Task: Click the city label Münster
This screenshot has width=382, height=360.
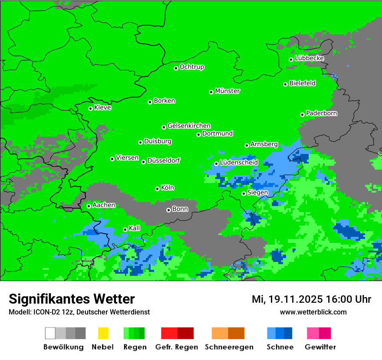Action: [227, 91]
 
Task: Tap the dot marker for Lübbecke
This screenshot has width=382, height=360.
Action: [291, 59]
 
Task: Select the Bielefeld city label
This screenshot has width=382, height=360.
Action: [303, 83]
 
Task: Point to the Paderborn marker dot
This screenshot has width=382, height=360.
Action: [303, 115]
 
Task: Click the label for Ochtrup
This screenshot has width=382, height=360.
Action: [192, 67]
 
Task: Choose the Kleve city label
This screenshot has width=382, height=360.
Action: [102, 108]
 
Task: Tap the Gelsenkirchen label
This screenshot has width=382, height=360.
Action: [189, 126]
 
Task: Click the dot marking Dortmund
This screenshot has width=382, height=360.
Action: [199, 134]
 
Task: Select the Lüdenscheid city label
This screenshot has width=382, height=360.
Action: [239, 163]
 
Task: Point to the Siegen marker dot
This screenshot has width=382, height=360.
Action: [244, 193]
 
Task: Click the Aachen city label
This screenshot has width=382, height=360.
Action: [104, 205]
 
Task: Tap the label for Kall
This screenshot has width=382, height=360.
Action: [135, 228]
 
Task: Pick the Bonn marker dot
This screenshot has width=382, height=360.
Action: [169, 210]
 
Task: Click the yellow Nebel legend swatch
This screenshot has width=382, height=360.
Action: [103, 333]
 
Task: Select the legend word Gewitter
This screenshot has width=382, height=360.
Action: [320, 347]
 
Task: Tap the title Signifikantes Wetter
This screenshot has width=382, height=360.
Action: [72, 299]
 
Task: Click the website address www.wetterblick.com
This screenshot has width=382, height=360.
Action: [313, 312]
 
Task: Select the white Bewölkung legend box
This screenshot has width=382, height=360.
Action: [50, 333]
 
